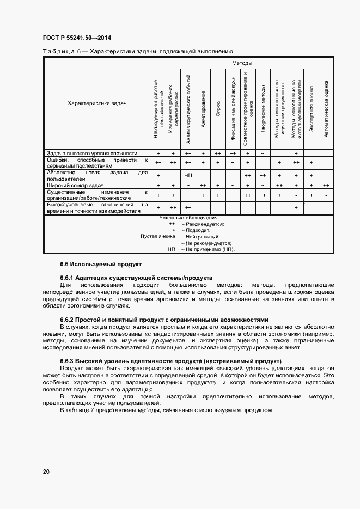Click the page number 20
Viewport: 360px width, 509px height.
pos(46,471)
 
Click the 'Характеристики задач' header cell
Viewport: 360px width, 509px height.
pos(97,103)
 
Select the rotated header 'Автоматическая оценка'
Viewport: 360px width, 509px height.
pos(325,108)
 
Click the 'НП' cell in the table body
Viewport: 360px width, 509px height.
pos(188,176)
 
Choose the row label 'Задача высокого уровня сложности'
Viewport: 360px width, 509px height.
pos(91,154)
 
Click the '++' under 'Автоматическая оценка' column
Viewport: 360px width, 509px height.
pos(325,186)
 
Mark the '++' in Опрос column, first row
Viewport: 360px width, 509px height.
pos(218,154)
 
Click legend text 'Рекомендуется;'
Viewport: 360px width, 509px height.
pos(205,224)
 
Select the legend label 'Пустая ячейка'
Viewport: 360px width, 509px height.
pos(158,236)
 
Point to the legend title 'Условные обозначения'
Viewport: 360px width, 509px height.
pos(188,217)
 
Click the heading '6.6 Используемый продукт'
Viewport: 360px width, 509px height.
pos(100,264)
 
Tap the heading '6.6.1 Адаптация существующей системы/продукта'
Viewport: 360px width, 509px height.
pos(136,278)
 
